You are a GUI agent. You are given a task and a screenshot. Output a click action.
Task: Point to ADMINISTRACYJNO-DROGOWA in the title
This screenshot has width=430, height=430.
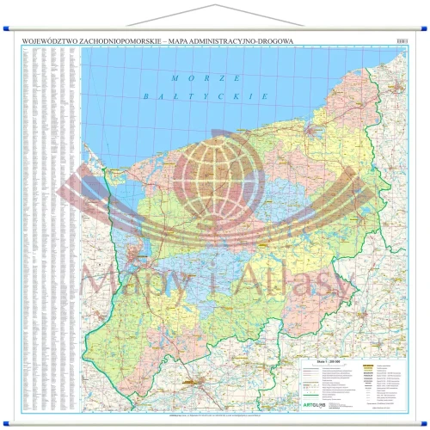click(243, 40)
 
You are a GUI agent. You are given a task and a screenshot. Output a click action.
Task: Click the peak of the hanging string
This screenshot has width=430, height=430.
click(215, 3)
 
